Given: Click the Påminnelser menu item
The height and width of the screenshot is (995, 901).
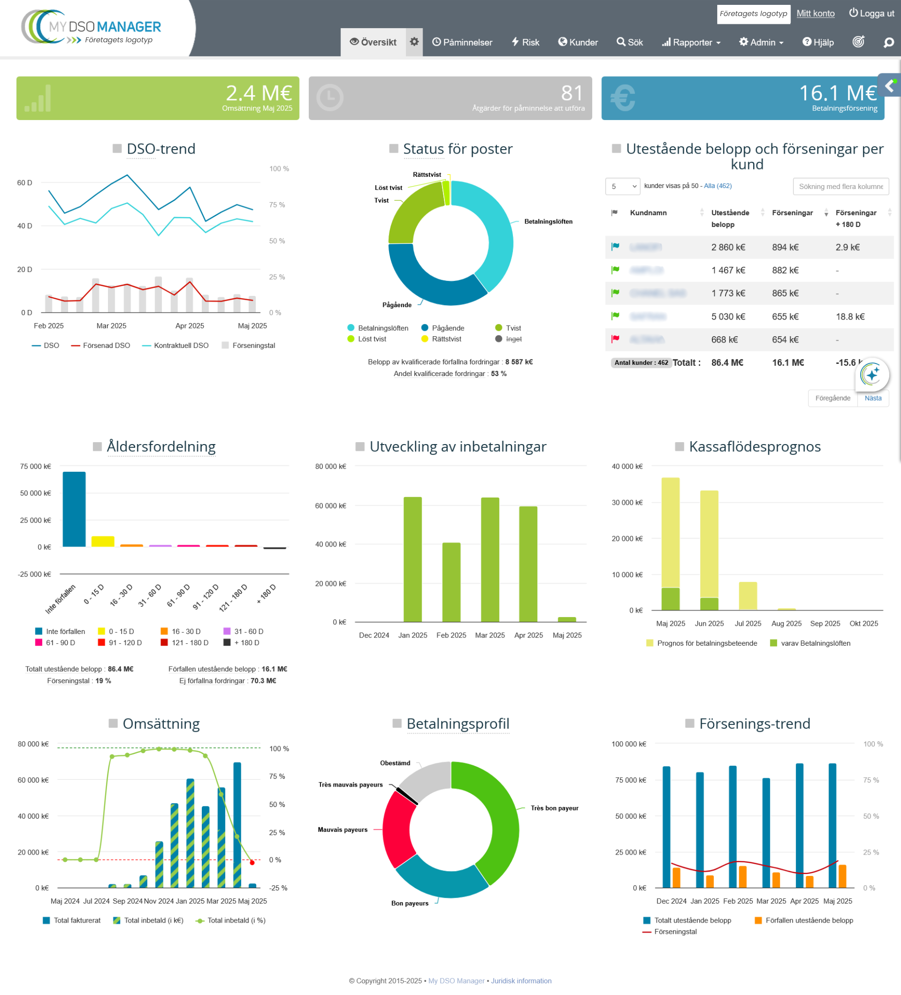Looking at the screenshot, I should pyautogui.click(x=462, y=42).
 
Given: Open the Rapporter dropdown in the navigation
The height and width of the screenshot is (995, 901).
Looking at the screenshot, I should pyautogui.click(x=691, y=42).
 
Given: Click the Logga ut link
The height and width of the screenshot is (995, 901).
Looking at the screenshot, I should pyautogui.click(x=871, y=13).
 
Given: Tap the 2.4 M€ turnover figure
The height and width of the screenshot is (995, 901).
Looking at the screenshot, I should pyautogui.click(x=258, y=93).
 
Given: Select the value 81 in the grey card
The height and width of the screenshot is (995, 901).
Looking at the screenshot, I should pyautogui.click(x=571, y=93).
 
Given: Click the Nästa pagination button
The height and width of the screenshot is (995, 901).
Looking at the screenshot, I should pyautogui.click(x=873, y=398).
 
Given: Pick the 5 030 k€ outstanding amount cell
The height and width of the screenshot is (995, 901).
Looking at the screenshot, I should pyautogui.click(x=727, y=317).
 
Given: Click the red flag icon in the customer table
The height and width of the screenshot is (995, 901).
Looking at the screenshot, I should pyautogui.click(x=615, y=340).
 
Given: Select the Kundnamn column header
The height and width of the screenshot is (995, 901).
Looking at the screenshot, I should pyautogui.click(x=648, y=213).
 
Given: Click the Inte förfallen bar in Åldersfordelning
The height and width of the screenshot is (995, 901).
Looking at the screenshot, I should pyautogui.click(x=74, y=509).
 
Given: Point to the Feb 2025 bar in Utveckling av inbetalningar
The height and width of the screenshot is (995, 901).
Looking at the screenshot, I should pyautogui.click(x=451, y=583).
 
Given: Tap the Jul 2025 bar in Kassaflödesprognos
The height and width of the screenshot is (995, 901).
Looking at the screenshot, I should pyautogui.click(x=747, y=596).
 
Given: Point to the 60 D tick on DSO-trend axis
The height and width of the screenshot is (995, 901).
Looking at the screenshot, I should pyautogui.click(x=25, y=183).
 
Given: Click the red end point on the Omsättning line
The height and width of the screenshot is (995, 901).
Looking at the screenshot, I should pyautogui.click(x=252, y=863).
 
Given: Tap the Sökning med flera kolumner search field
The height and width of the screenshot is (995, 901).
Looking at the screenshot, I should pyautogui.click(x=840, y=187).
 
